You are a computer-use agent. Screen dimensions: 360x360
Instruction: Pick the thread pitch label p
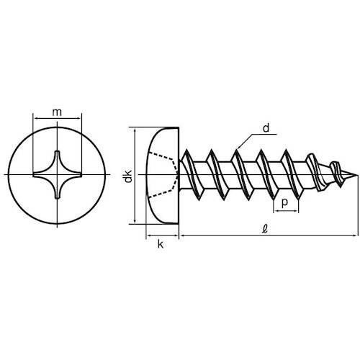[287, 203]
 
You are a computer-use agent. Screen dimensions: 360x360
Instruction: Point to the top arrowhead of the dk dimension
[135, 132]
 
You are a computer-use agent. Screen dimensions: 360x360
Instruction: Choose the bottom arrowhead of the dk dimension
[135, 221]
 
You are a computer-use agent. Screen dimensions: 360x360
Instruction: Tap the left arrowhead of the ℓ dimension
[181, 235]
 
